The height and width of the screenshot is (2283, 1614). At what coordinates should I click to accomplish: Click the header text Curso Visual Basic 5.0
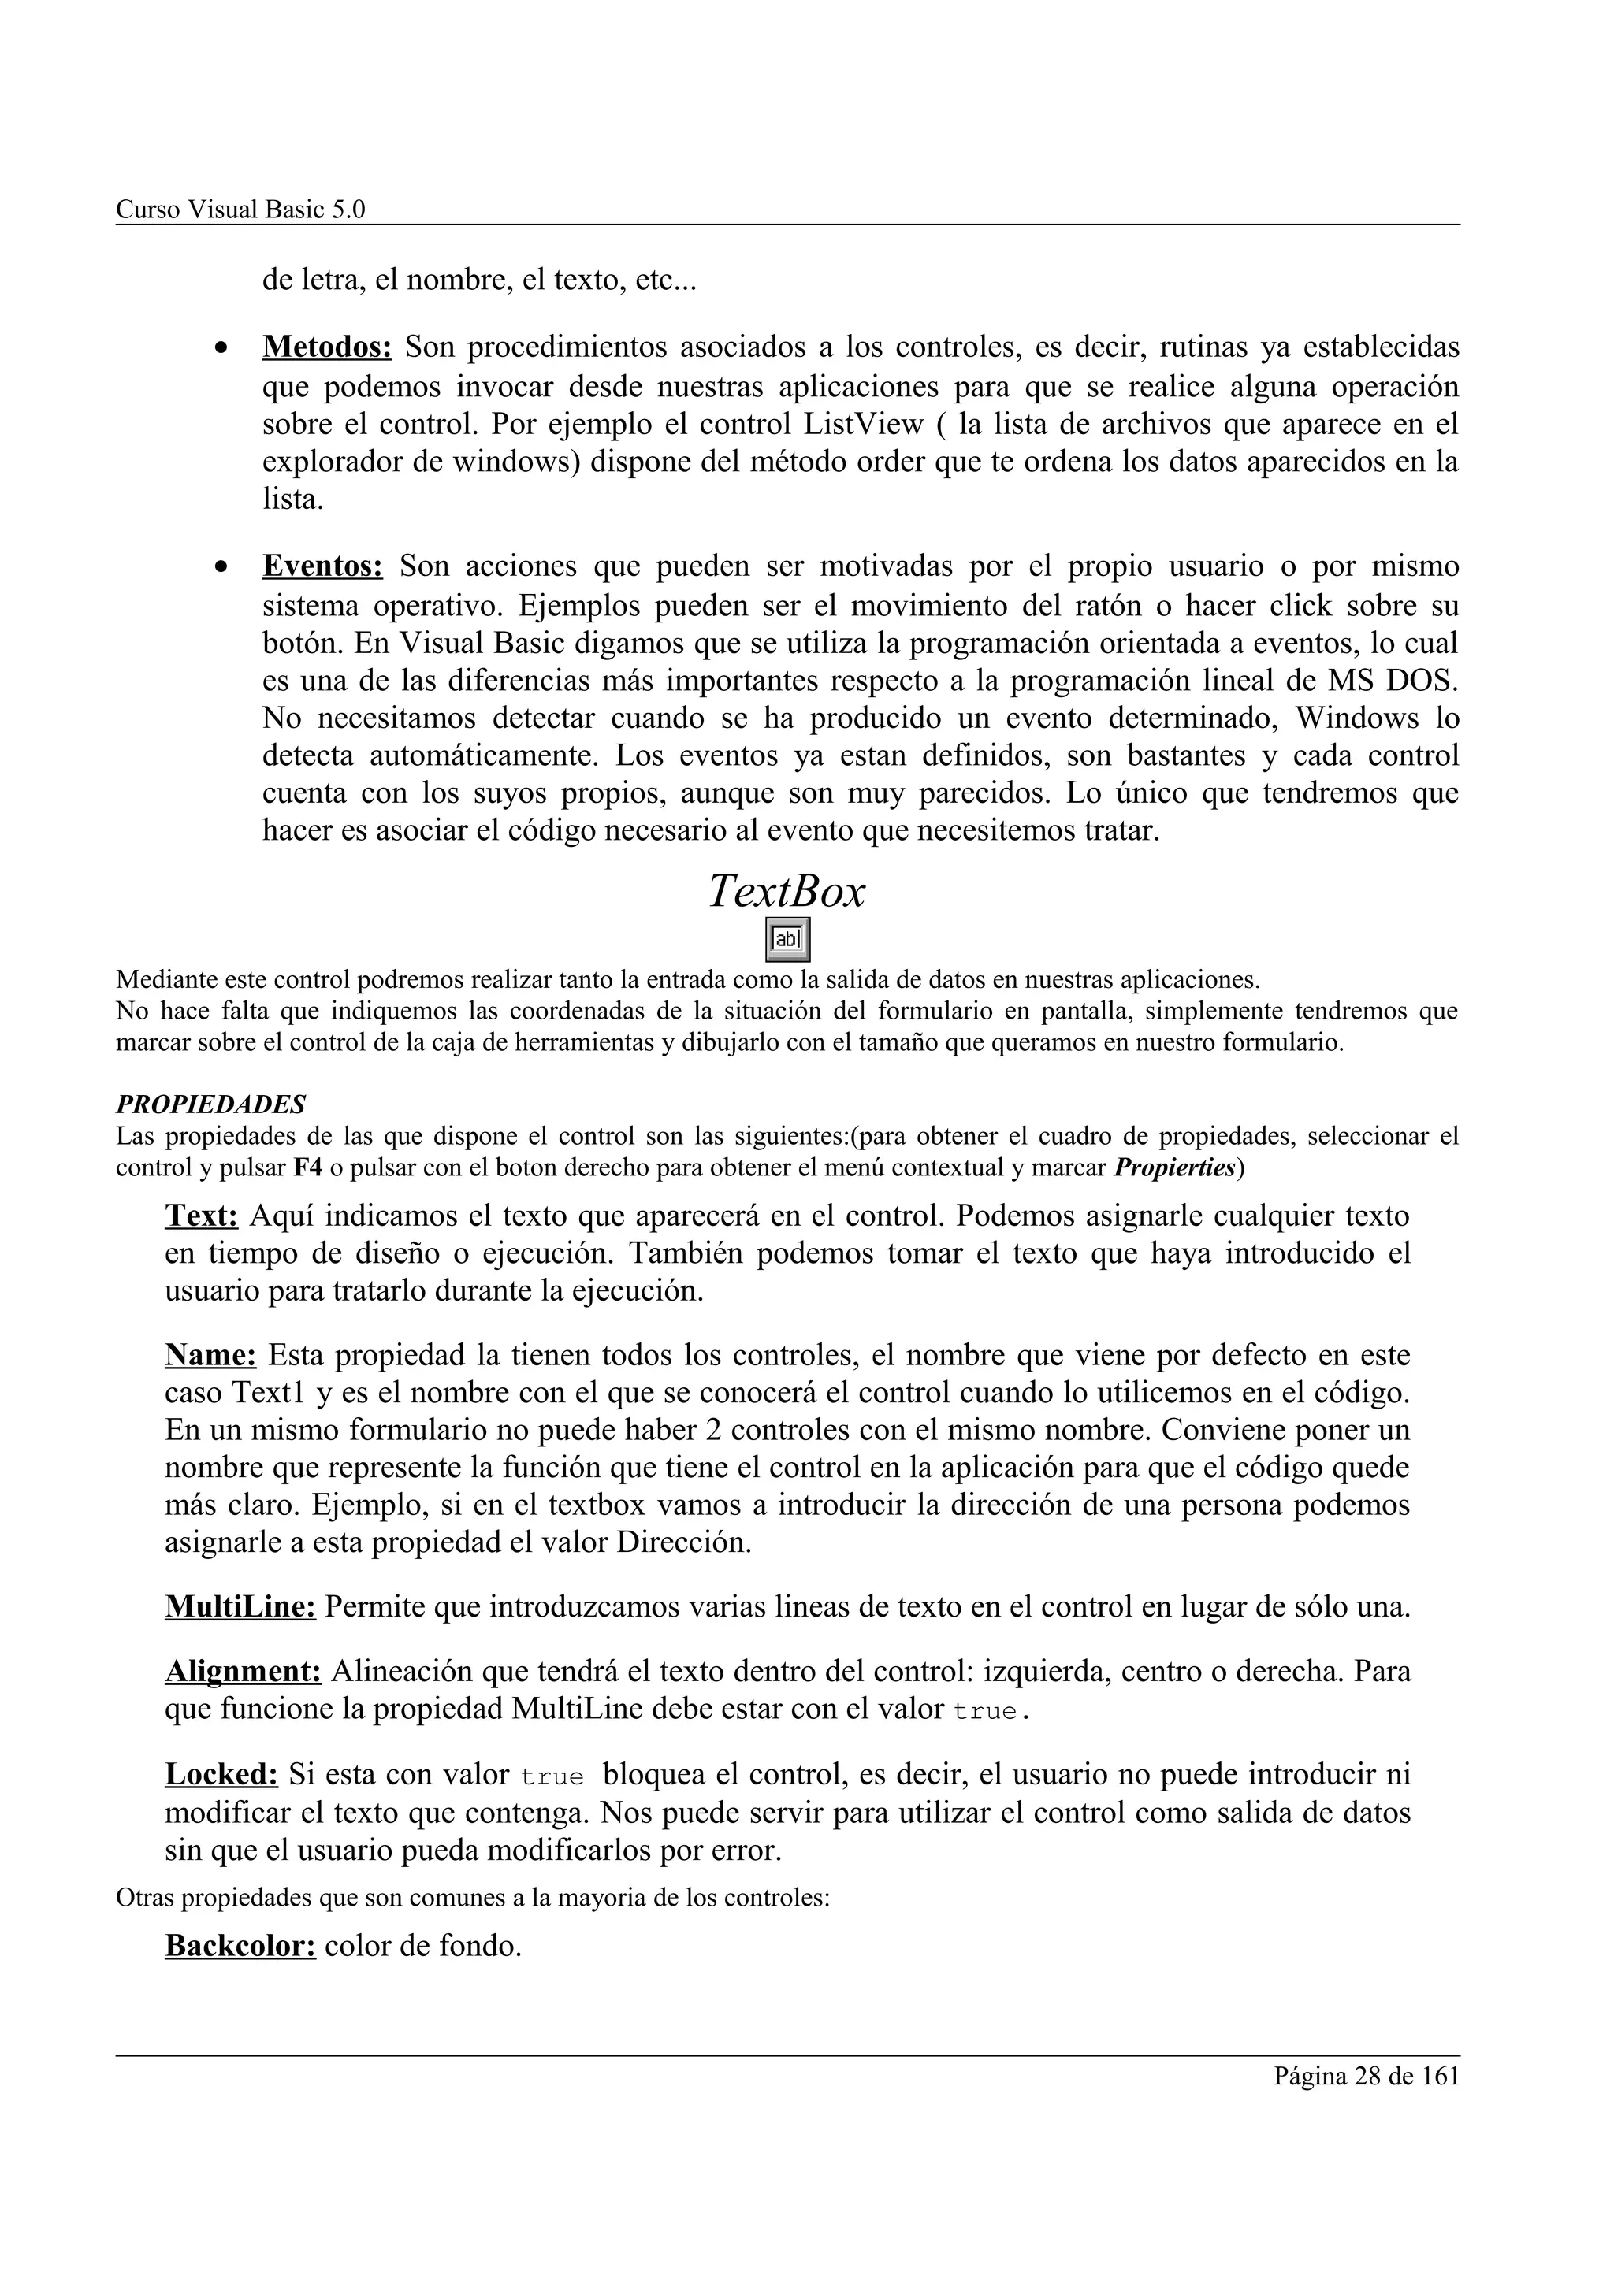[240, 210]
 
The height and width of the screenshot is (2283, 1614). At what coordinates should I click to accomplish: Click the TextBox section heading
[787, 892]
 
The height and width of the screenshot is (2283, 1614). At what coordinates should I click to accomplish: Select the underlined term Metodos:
[327, 347]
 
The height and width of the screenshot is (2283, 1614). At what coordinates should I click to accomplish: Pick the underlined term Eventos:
[322, 566]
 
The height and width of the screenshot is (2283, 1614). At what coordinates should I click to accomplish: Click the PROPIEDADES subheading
[211, 1104]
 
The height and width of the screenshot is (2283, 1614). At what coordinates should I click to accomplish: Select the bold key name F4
[307, 1168]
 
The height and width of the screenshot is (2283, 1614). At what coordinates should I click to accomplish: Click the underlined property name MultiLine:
[240, 1607]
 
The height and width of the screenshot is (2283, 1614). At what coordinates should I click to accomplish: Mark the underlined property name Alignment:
[244, 1672]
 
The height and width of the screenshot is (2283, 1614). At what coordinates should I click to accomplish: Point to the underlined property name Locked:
[221, 1775]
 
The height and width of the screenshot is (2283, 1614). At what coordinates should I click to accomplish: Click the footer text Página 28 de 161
[1367, 2076]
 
